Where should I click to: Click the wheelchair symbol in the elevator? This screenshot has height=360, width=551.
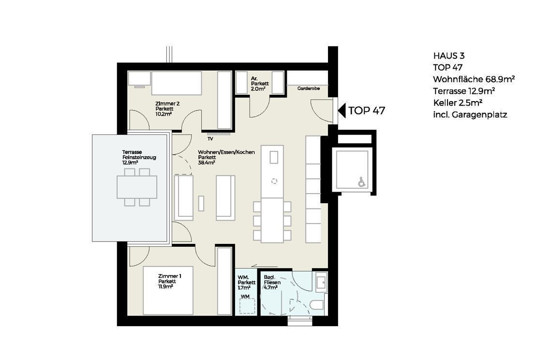[x=361, y=182]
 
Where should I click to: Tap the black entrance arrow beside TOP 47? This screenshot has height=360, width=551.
[x=342, y=110]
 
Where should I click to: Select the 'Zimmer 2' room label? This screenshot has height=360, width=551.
[x=167, y=104]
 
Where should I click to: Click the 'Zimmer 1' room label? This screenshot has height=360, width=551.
[x=170, y=276]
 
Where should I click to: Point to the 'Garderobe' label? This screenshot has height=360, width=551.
[x=309, y=89]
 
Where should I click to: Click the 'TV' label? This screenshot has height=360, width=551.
[x=210, y=139]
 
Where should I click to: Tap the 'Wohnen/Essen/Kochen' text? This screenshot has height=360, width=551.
[x=226, y=152]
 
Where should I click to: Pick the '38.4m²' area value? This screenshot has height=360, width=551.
[x=207, y=163]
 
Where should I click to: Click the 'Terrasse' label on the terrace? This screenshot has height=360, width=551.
[x=132, y=152]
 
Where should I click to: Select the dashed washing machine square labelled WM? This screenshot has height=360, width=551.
[x=248, y=306]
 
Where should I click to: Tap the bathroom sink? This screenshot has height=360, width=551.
[x=321, y=282]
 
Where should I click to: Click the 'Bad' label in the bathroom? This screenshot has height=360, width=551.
[x=269, y=277]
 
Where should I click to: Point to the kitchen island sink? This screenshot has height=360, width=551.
[x=274, y=157]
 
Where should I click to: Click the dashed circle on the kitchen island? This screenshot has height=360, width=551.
[x=274, y=181]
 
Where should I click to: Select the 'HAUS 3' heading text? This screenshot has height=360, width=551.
[x=449, y=56]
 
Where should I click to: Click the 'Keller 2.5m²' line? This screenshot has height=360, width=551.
[x=458, y=103]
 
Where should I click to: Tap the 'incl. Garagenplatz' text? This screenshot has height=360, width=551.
[x=470, y=115]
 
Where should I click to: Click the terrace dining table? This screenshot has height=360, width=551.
[x=137, y=187]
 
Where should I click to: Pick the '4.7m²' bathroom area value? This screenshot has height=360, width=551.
[x=270, y=287]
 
